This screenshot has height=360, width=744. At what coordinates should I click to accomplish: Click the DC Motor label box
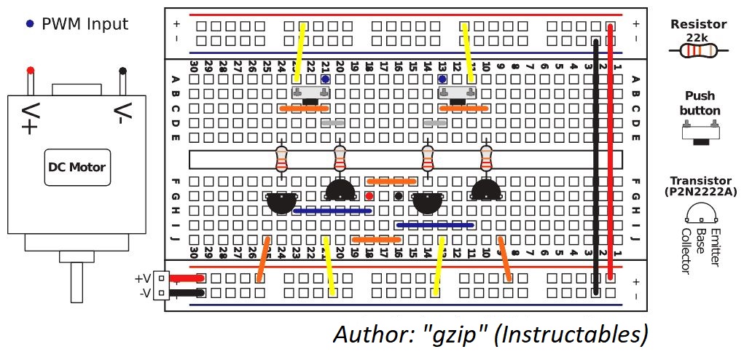(x=77, y=168)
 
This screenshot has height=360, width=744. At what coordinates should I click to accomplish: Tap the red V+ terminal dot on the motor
(x=31, y=70)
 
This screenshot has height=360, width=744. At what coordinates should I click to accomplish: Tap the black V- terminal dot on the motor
(x=123, y=71)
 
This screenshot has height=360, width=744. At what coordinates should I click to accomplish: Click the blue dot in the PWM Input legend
(x=31, y=24)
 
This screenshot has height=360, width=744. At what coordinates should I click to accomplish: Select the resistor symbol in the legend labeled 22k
(x=698, y=50)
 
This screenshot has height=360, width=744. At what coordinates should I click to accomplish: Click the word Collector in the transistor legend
(x=686, y=249)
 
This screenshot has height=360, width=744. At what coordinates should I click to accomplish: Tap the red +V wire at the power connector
(x=187, y=278)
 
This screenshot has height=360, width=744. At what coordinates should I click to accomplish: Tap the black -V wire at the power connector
(x=187, y=293)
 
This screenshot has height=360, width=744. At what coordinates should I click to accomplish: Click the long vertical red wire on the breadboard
(x=610, y=152)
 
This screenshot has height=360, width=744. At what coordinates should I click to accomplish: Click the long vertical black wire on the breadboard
(x=596, y=167)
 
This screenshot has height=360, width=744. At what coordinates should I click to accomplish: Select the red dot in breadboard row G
(x=369, y=195)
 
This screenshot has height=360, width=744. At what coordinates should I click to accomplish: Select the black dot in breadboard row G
(x=399, y=195)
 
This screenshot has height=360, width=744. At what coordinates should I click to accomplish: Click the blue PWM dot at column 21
(x=325, y=79)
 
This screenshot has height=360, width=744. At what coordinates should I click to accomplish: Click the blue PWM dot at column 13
(x=443, y=79)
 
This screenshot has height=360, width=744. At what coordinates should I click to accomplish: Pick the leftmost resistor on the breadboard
(x=282, y=159)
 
